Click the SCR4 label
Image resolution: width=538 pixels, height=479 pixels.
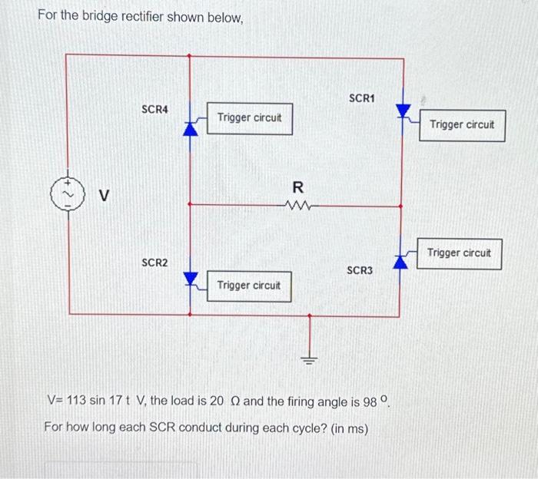(154, 109)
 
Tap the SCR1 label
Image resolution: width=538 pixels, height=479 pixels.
(362, 98)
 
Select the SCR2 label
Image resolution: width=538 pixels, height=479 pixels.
(154, 263)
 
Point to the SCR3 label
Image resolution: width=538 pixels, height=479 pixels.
(360, 270)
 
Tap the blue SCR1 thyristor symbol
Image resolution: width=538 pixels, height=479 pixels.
(403, 111)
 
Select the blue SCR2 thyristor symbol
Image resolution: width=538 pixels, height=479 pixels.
(191, 279)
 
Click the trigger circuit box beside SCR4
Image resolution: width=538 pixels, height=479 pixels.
(250, 119)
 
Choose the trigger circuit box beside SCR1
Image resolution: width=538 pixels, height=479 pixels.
(462, 125)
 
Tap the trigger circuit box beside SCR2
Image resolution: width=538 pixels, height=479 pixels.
(249, 286)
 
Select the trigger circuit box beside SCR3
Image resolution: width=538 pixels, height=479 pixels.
(459, 254)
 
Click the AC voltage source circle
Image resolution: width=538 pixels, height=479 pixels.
(68, 194)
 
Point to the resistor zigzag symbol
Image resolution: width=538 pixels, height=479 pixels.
(298, 206)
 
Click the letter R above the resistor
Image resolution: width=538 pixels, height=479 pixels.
(298, 187)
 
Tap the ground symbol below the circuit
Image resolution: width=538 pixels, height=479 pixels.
(309, 360)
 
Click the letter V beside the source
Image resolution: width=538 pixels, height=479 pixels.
(104, 195)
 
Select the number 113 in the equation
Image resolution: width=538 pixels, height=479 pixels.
(76, 400)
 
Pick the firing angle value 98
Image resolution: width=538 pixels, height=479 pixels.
(370, 402)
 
